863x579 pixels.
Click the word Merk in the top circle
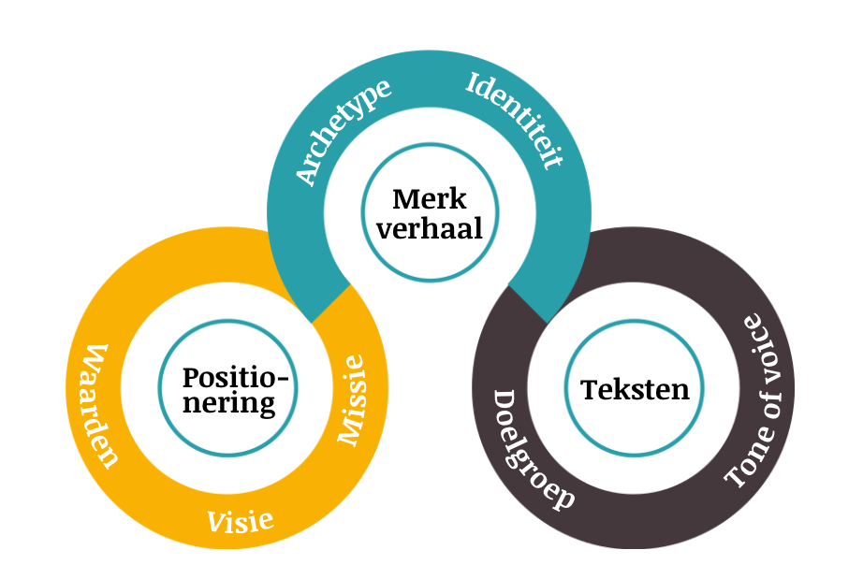(429, 198)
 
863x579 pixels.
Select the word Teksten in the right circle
(635, 389)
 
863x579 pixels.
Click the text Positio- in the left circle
(237, 378)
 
